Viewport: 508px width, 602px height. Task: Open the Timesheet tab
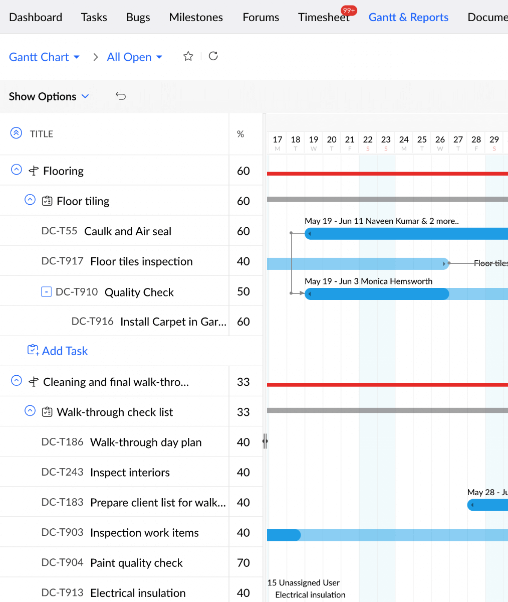click(323, 18)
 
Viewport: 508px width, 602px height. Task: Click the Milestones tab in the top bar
click(196, 18)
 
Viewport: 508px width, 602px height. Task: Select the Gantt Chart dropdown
click(44, 57)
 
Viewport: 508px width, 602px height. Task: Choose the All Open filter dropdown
click(134, 57)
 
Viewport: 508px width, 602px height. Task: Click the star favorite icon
click(188, 56)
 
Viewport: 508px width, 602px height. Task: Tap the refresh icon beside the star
click(213, 56)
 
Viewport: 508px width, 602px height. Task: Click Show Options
click(49, 96)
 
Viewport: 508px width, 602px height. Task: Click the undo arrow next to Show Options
click(121, 96)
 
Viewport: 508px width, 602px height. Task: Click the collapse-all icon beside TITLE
click(16, 133)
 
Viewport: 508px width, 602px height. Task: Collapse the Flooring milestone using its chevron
click(17, 170)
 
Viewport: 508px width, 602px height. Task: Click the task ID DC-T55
click(59, 231)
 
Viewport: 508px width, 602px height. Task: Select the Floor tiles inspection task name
click(141, 261)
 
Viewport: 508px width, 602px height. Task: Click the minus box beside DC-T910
click(46, 292)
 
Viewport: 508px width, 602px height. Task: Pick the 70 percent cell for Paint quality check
click(243, 563)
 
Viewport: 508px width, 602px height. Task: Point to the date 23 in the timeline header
click(386, 140)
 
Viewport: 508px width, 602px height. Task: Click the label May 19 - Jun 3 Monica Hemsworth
click(368, 281)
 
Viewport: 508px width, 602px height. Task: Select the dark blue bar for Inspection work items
click(284, 535)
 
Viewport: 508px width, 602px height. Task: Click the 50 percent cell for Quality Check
click(243, 292)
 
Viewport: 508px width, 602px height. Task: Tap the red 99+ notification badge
click(349, 10)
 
